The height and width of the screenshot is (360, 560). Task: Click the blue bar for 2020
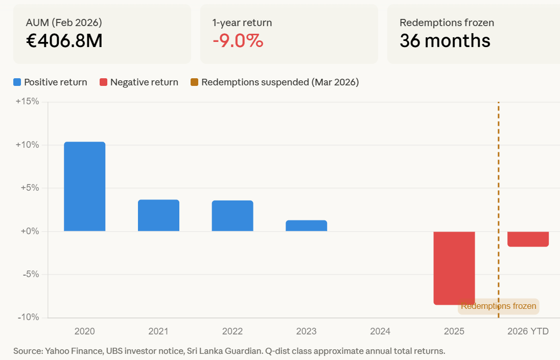click(84, 187)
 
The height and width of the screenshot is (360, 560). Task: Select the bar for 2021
click(158, 215)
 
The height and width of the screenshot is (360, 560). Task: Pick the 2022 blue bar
click(232, 216)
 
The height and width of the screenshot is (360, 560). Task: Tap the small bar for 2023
click(306, 226)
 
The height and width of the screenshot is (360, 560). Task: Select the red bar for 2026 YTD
click(528, 239)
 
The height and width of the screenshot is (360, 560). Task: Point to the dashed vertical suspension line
click(498, 205)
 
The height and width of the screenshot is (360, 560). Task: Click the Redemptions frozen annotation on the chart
click(498, 306)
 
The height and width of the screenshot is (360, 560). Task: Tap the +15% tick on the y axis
click(27, 101)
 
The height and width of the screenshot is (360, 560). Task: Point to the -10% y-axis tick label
click(28, 317)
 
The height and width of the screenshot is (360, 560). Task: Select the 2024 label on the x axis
click(380, 331)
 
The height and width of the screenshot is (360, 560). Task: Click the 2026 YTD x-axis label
click(528, 331)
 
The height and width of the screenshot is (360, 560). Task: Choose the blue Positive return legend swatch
click(17, 82)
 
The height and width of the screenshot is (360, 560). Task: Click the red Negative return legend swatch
click(103, 82)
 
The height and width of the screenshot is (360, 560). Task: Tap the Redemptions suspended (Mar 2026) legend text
click(280, 82)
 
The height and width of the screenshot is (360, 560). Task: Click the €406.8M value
click(64, 41)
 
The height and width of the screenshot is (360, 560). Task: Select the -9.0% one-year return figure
click(238, 41)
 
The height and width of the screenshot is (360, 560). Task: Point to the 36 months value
click(445, 41)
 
